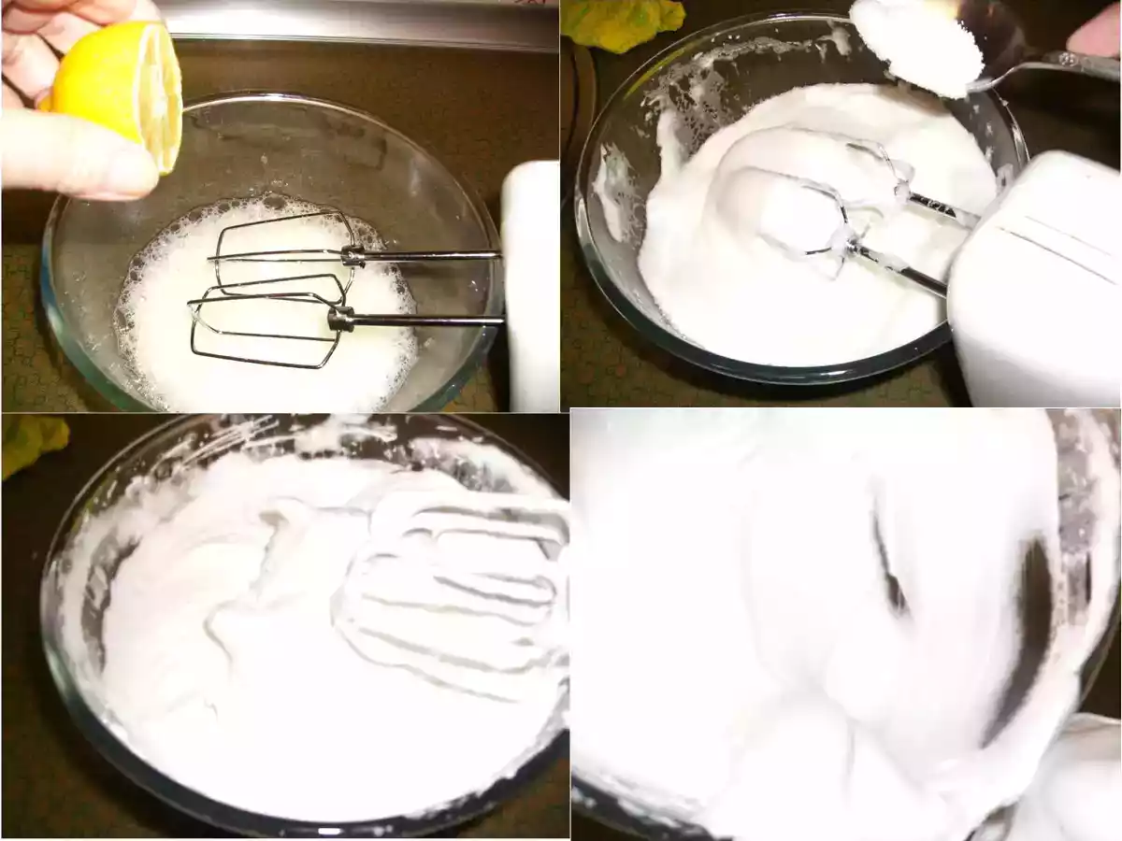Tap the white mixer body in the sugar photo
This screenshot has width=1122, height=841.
point(1038,280)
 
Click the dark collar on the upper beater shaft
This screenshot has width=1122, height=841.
point(352,254)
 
